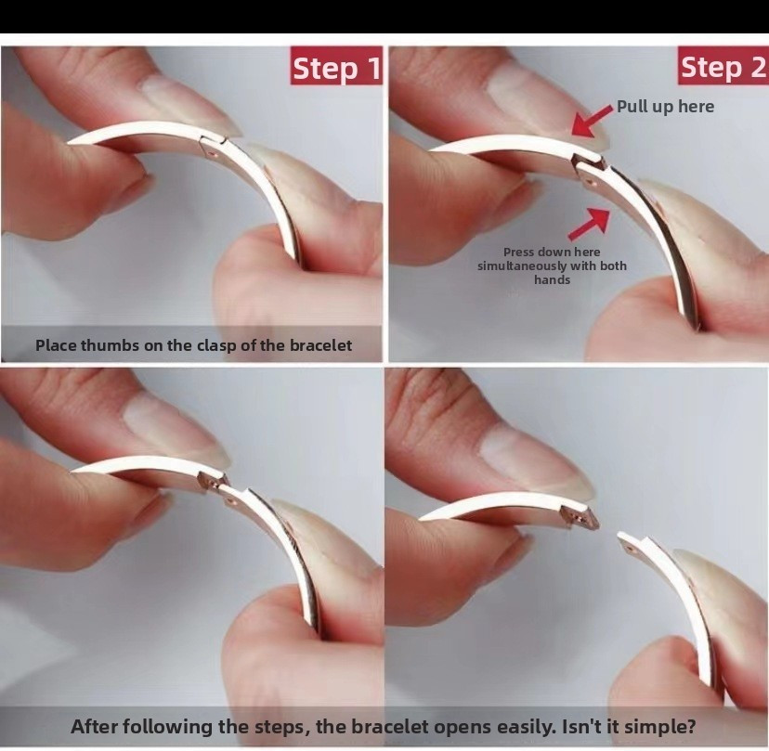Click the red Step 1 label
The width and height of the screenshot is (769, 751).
pos(336,66)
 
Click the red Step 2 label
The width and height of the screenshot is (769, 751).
pos(723,66)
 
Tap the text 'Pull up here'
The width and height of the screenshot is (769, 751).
pos(665,107)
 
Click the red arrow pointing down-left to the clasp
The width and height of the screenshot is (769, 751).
pos(592,121)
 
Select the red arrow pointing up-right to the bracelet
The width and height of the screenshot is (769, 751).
pos(590,224)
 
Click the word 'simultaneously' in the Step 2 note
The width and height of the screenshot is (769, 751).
pos(520,266)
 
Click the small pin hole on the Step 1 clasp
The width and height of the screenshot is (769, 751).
pos(212,154)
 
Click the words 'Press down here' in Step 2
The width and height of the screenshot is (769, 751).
pos(552,252)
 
